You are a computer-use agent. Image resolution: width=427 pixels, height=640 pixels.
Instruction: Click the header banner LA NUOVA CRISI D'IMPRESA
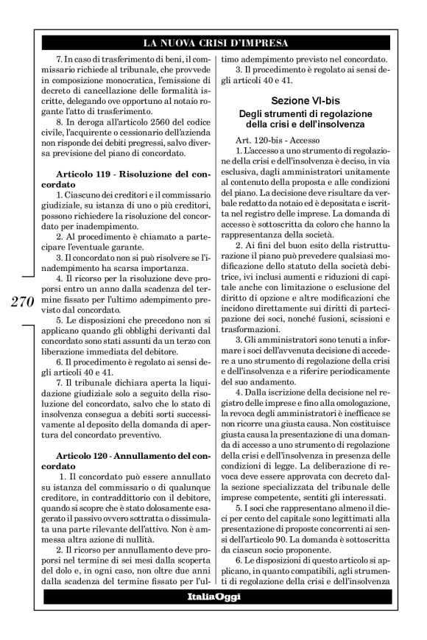pyautogui.click(x=213, y=43)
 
